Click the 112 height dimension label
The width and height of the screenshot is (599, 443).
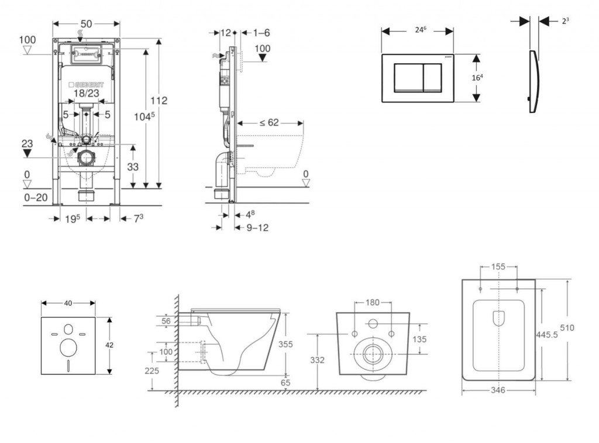click(157, 101)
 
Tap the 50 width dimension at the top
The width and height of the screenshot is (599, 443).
click(86, 23)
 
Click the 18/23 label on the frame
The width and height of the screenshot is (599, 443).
click(86, 94)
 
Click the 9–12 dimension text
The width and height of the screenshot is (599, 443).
click(257, 227)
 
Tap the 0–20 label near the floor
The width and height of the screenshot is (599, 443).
click(36, 198)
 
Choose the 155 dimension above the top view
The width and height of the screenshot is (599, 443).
click(498, 267)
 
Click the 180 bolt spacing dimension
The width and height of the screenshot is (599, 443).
click(373, 303)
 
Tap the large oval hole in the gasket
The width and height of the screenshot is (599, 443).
click(68, 348)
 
